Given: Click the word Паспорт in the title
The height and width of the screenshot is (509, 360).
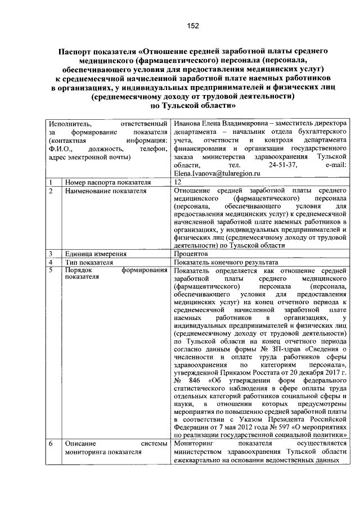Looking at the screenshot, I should [79, 51].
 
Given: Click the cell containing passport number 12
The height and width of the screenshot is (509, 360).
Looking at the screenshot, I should [178, 182].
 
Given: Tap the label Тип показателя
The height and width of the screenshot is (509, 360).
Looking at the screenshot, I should [89, 262].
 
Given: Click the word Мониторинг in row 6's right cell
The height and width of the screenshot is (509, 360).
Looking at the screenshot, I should [194, 443].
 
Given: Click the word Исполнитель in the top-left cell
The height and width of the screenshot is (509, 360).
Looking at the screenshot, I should [68, 123].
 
